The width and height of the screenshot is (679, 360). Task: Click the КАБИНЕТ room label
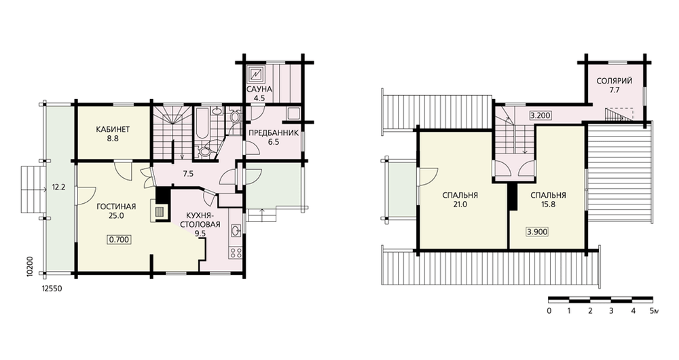coord(113,130)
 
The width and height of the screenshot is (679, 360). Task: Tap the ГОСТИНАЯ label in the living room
coord(116,206)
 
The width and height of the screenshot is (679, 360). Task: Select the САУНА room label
coord(259,89)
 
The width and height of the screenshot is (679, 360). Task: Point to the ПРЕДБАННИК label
coord(274,132)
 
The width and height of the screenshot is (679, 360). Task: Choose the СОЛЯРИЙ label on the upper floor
coord(614,81)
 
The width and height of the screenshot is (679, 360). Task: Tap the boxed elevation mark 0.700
coord(119,240)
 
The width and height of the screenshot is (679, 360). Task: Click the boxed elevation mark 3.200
coord(540,115)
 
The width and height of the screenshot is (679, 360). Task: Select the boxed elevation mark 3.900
coord(537,232)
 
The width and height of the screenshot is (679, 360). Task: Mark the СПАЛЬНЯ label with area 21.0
coord(460,196)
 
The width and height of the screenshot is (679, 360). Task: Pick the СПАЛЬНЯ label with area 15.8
coord(548,196)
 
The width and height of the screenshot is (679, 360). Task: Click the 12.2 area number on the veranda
coord(58,188)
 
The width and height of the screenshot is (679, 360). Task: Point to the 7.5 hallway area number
coord(188,174)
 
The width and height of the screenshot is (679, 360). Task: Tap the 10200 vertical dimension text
coord(29,266)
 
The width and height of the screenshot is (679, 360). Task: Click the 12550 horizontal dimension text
coord(52,288)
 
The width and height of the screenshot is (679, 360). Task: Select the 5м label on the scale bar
coord(654,310)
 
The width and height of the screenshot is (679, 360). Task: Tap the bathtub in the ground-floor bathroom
coord(202,122)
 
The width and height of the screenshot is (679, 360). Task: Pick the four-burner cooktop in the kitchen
coord(236,252)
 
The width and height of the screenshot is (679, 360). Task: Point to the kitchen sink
coord(236,230)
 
